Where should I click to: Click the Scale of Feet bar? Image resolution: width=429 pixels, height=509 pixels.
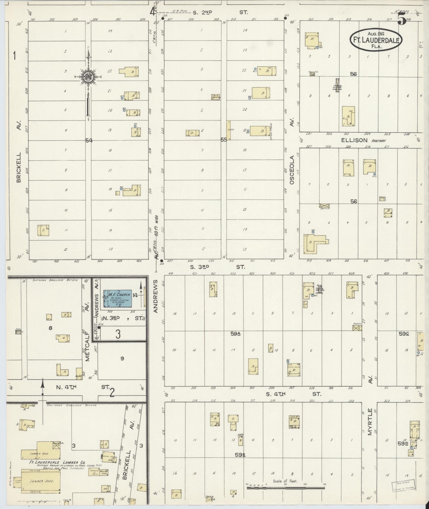coord(285,488)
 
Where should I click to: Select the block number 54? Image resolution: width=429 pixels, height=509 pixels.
coord(89,140)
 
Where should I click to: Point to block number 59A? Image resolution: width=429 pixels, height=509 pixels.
coord(236,333)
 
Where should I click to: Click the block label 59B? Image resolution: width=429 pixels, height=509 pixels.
coord(240,455)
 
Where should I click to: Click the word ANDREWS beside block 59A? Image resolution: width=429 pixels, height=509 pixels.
coord(156,296)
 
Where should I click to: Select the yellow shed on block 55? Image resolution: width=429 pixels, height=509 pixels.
coord(228,130)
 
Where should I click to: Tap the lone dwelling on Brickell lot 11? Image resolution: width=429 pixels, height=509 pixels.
coord(43,230)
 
